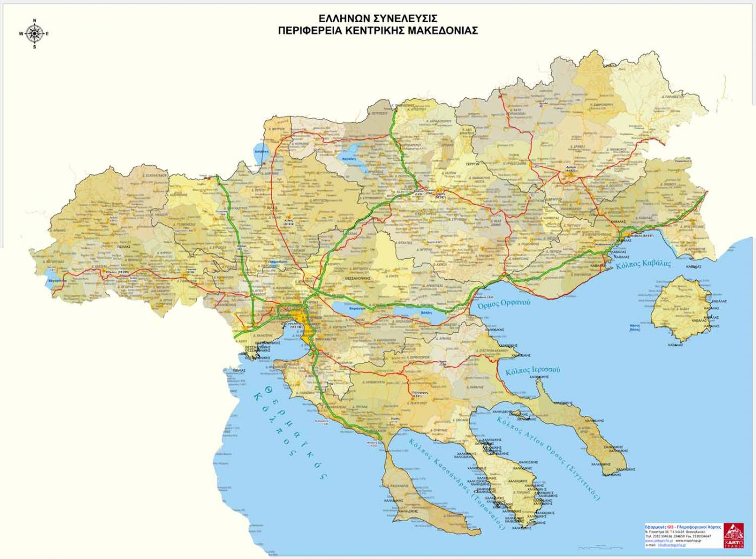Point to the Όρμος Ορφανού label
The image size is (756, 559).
pos(504,303)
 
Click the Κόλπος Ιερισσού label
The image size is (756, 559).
pos(532,371)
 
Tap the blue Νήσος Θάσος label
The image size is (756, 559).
pos(635,327)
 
